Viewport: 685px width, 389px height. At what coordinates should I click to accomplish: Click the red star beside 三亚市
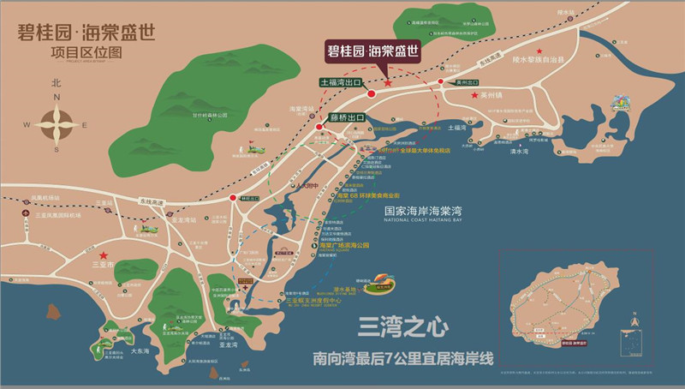coord(104,255)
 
